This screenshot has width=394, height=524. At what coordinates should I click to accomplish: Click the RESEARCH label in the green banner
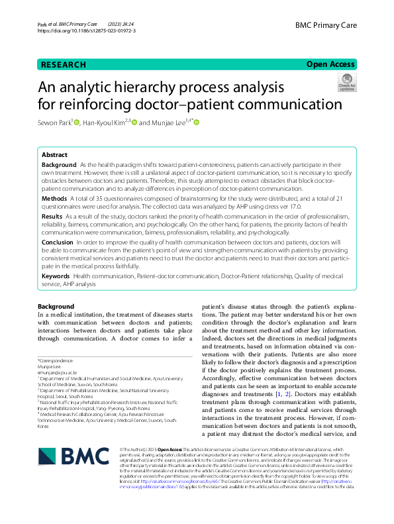pyautogui.click(x=64, y=65)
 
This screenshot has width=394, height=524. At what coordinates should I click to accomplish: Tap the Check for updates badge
pyautogui.click(x=346, y=83)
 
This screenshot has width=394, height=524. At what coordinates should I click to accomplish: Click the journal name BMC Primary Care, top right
pyautogui.click(x=326, y=24)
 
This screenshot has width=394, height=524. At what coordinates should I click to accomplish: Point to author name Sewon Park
pyautogui.click(x=56, y=123)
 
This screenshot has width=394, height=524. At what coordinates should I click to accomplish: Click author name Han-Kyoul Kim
pyautogui.click(x=105, y=123)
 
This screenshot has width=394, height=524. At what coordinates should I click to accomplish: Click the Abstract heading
pyautogui.click(x=56, y=154)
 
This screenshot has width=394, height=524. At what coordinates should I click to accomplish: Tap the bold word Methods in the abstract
pyautogui.click(x=54, y=198)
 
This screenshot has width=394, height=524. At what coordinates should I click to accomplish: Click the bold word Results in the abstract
pyautogui.click(x=52, y=216)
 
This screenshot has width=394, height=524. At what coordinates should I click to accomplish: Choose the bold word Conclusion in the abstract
pyautogui.click(x=58, y=242)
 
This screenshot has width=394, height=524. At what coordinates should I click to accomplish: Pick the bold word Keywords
pyautogui.click(x=56, y=275)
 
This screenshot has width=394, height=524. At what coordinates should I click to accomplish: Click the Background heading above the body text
pyautogui.click(x=56, y=306)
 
